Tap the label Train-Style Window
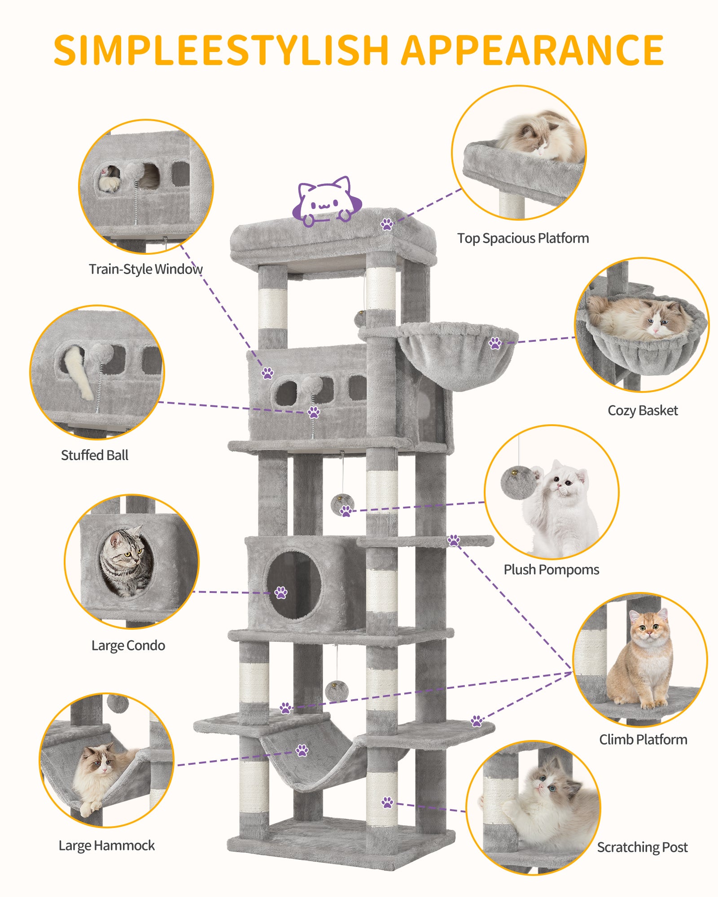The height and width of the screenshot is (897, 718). coord(145,269)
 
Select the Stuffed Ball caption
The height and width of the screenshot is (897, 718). coord(95,455)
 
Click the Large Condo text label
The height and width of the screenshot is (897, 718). coord(128,645)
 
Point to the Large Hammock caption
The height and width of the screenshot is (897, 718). coord(107,845)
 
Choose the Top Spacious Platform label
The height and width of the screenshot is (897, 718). coord(523,238)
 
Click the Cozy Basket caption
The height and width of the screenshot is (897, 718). coord(643,410)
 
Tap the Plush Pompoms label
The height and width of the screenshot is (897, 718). coord(551,570)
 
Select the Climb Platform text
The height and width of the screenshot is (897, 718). coord(643,740)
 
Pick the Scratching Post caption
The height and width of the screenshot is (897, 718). coord(642,847)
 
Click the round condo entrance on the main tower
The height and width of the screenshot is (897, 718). coord(294,585)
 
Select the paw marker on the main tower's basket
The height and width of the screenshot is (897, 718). coord(495,344)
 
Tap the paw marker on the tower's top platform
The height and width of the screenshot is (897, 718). coord(387,224)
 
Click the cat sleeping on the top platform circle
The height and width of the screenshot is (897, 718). coord(541,135)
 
